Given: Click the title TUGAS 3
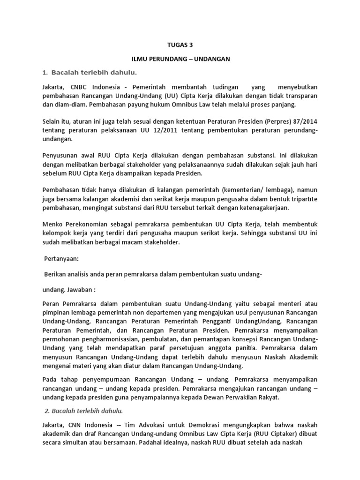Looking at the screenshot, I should pyautogui.click(x=180, y=45).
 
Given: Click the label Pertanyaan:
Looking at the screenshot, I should pyautogui.click(x=61, y=258).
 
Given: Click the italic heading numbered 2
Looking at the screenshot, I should pyautogui.click(x=83, y=411).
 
